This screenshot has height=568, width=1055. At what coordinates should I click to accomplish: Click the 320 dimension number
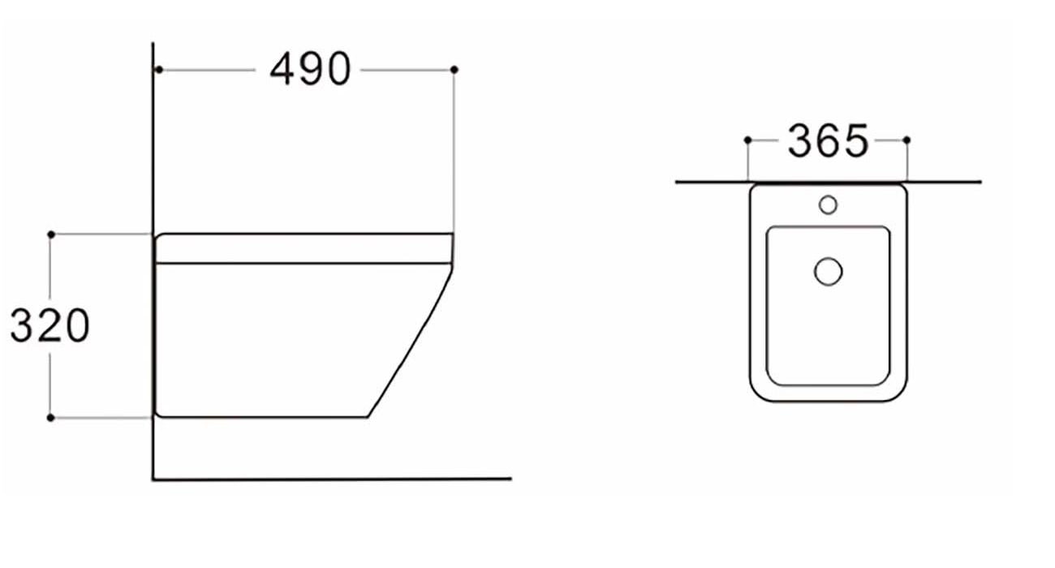pyautogui.click(x=50, y=326)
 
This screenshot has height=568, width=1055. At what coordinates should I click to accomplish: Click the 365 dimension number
pyautogui.click(x=828, y=142)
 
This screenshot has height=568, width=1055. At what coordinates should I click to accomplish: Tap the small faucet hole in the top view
pyautogui.click(x=828, y=204)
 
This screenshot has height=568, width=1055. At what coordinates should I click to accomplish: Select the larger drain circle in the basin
pyautogui.click(x=828, y=271)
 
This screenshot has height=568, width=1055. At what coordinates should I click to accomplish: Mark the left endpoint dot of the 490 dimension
pyautogui.click(x=159, y=70)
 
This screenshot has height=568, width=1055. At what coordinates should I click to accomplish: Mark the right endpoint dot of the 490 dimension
pyautogui.click(x=454, y=70)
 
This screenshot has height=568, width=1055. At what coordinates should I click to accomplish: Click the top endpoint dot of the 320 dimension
pyautogui.click(x=51, y=234)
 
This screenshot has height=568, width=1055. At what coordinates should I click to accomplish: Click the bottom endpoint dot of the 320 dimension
pyautogui.click(x=51, y=417)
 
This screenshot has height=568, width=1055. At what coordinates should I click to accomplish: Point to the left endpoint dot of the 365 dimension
pyautogui.click(x=747, y=140)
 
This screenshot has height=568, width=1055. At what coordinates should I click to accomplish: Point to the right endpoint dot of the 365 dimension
pyautogui.click(x=906, y=140)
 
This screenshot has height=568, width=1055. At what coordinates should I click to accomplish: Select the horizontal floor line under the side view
pyautogui.click(x=333, y=479)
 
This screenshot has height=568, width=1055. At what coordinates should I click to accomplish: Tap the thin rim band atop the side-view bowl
pyautogui.click(x=304, y=248)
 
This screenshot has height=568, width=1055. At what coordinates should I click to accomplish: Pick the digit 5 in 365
pyautogui.click(x=855, y=142)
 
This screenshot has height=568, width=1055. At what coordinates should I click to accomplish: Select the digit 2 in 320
pyautogui.click(x=50, y=326)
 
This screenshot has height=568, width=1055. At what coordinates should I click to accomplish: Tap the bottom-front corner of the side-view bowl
pyautogui.click(x=368, y=417)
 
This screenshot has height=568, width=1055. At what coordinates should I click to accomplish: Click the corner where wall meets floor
pyautogui.click(x=153, y=479)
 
